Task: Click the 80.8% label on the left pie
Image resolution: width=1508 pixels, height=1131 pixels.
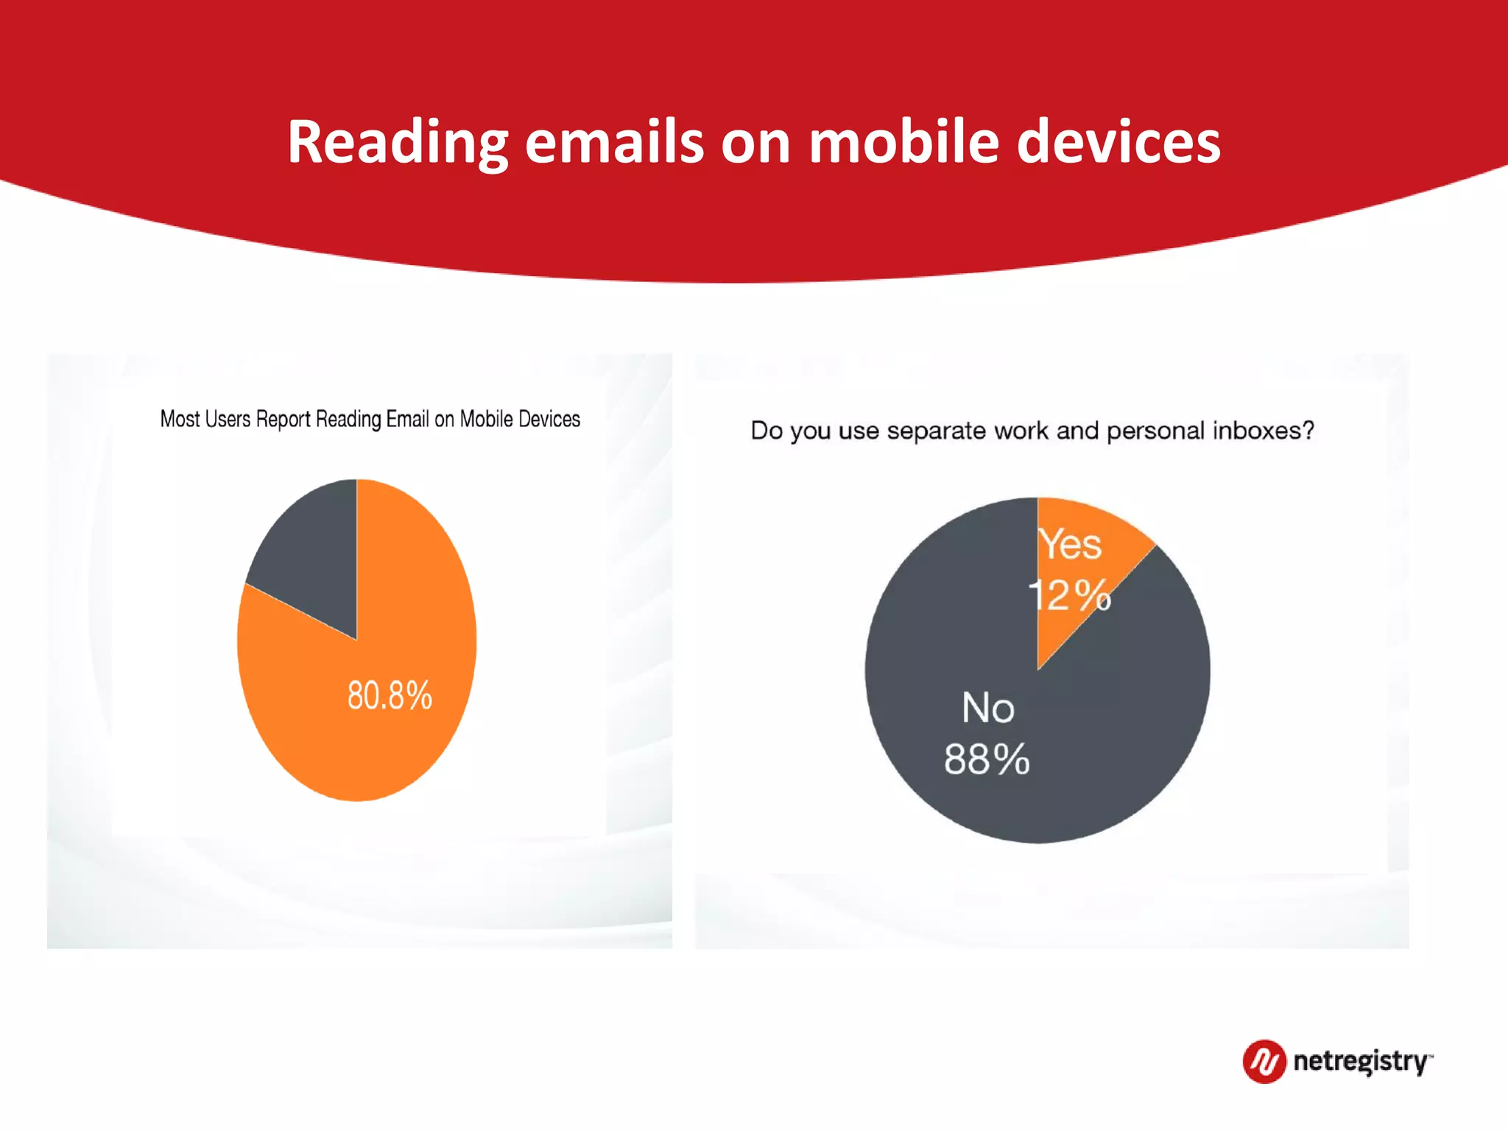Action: tap(390, 696)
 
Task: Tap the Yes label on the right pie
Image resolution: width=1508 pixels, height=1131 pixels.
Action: tap(1070, 545)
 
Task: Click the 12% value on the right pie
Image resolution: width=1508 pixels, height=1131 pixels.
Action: tap(1069, 595)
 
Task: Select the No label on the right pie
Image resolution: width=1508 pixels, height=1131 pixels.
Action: tap(988, 708)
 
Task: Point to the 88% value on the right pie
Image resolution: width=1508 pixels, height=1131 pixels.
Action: tap(987, 759)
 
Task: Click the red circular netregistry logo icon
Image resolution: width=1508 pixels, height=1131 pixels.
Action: tap(1264, 1061)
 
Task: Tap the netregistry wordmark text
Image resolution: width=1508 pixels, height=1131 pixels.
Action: tap(1361, 1062)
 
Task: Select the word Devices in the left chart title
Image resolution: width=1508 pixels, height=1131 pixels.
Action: tap(549, 419)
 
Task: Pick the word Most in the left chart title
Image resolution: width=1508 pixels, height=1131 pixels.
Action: tap(180, 419)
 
